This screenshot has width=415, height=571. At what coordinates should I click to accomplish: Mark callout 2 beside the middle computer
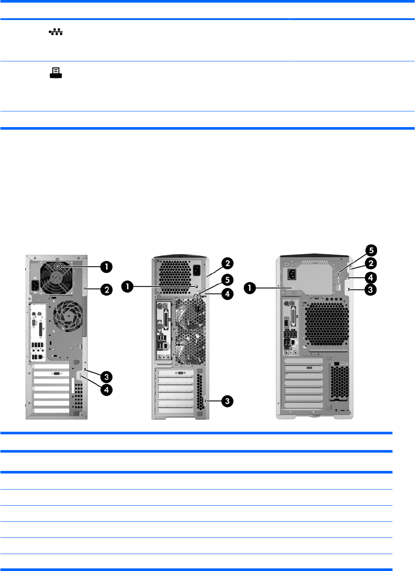[228, 263]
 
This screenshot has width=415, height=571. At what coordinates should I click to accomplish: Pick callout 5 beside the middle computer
[228, 279]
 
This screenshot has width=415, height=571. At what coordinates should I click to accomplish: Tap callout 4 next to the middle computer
[228, 294]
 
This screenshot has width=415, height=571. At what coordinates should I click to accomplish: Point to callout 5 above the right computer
[371, 250]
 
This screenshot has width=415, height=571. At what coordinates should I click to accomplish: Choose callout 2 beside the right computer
[371, 263]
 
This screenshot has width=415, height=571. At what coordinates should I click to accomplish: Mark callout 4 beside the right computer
[371, 276]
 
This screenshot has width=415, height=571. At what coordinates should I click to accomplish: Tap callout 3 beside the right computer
[371, 289]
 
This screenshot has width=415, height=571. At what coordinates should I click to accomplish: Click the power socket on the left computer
[36, 288]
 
